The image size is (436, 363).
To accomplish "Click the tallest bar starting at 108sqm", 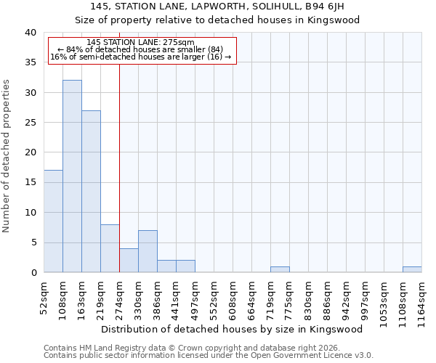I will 72,176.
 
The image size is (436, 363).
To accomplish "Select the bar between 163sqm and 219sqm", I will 91,192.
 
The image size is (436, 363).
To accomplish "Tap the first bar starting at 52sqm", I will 53,221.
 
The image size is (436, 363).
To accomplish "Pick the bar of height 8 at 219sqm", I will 110,248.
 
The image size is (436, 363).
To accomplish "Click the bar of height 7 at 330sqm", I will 148,251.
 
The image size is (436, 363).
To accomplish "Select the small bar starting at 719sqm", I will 280,269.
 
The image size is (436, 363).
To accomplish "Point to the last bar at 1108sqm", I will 412,269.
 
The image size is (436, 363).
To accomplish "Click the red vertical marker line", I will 119,160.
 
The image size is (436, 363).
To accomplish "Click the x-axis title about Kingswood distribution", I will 232,329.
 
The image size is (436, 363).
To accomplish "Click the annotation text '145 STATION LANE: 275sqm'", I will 140,43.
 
